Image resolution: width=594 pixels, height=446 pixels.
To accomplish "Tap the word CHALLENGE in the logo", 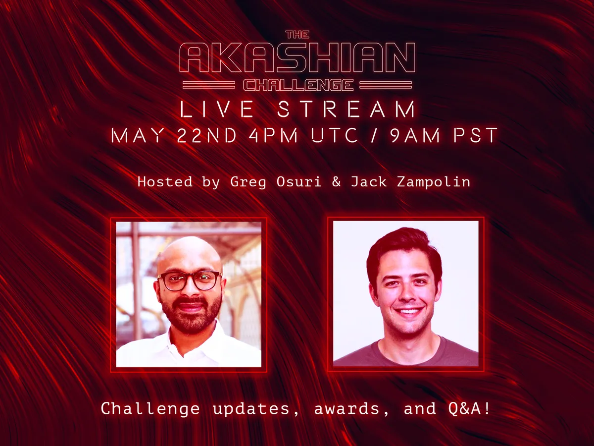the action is pyautogui.click(x=298, y=85).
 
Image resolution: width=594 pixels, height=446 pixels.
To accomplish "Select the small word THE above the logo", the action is pyautogui.click(x=297, y=34).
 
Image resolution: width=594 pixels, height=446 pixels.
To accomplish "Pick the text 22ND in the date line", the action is pyautogui.click(x=207, y=135).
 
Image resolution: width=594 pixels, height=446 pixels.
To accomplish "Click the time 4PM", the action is pyautogui.click(x=273, y=135).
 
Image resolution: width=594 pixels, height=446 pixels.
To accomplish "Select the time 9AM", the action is pyautogui.click(x=415, y=135).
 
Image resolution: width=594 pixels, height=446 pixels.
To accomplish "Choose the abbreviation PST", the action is pyautogui.click(x=476, y=135).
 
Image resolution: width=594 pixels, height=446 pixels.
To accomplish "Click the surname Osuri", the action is pyautogui.click(x=299, y=181).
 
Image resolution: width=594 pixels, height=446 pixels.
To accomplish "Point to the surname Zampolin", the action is pyautogui.click(x=434, y=182).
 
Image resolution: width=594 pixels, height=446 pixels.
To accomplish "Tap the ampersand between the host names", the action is pyautogui.click(x=336, y=182).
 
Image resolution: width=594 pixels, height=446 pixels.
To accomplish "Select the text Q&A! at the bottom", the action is pyautogui.click(x=469, y=409).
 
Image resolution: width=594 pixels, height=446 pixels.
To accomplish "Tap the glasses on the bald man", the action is pyautogui.click(x=190, y=281).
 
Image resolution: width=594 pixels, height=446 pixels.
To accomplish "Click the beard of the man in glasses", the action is pyautogui.click(x=191, y=314).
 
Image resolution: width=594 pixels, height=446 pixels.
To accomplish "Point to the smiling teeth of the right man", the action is pyautogui.click(x=409, y=311).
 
